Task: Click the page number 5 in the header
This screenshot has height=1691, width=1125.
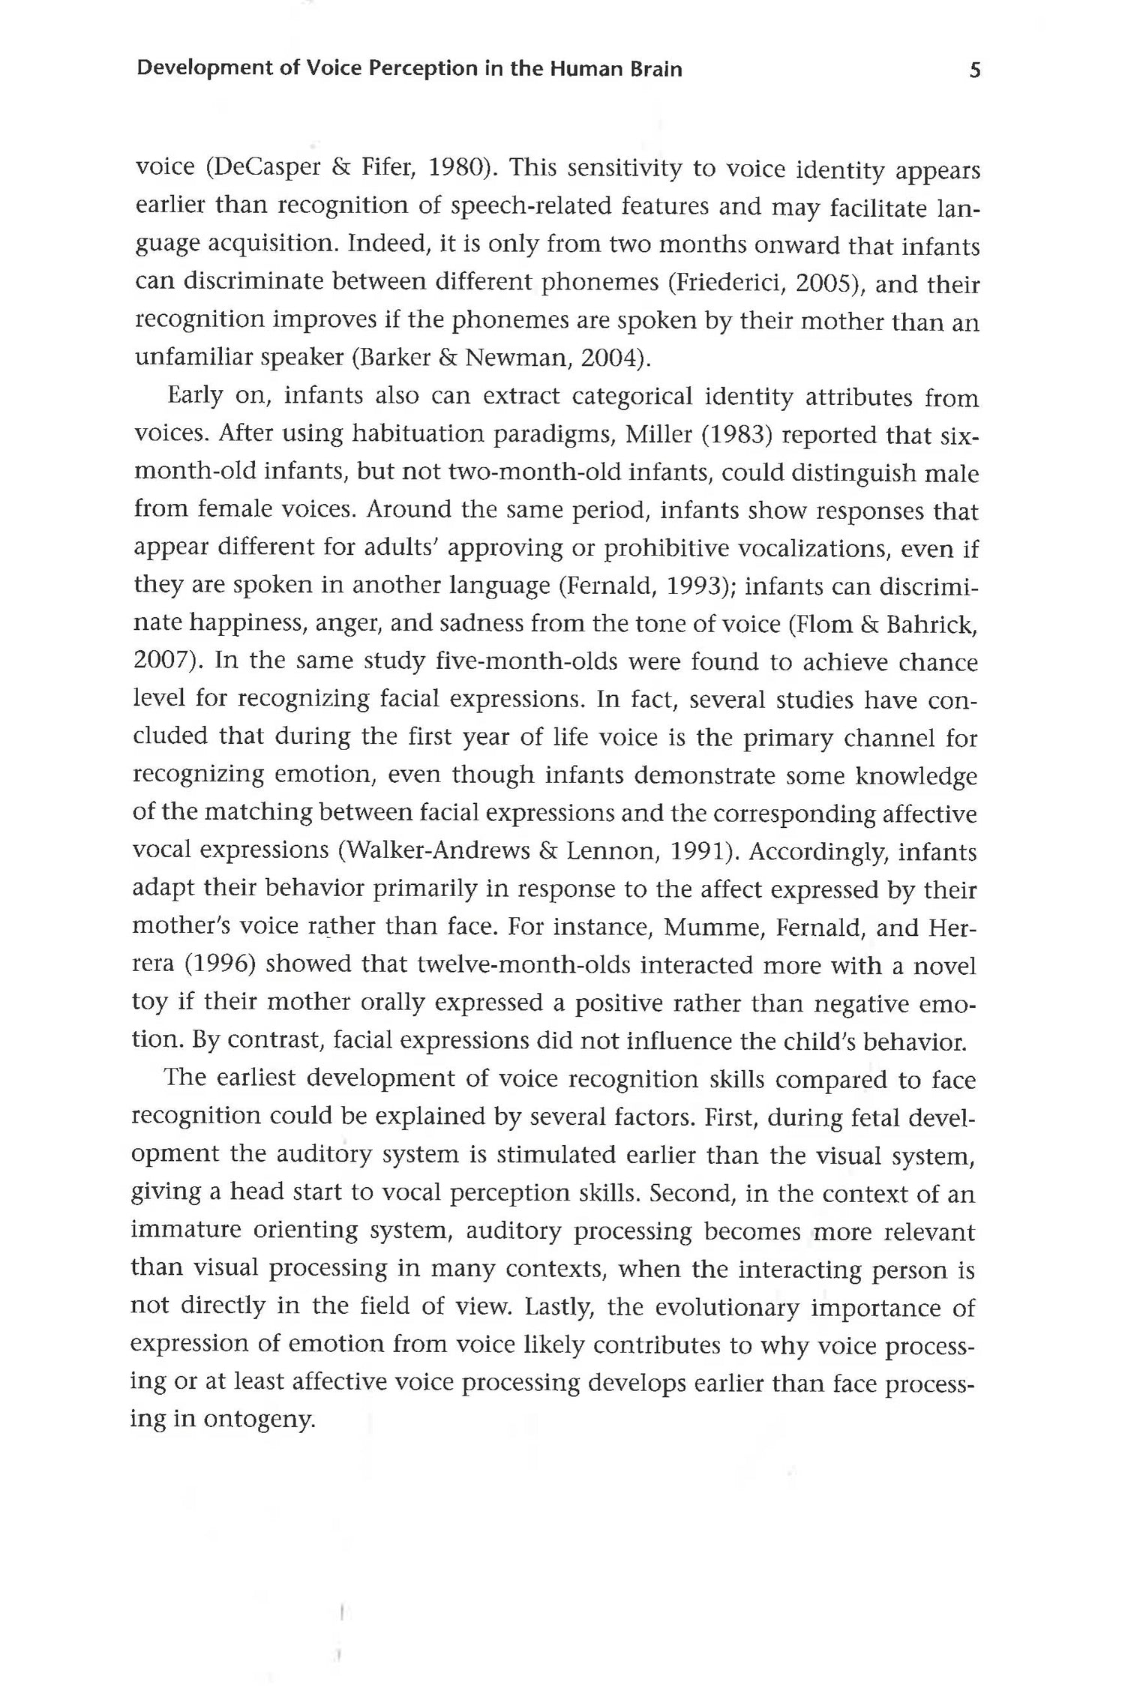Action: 974,70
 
